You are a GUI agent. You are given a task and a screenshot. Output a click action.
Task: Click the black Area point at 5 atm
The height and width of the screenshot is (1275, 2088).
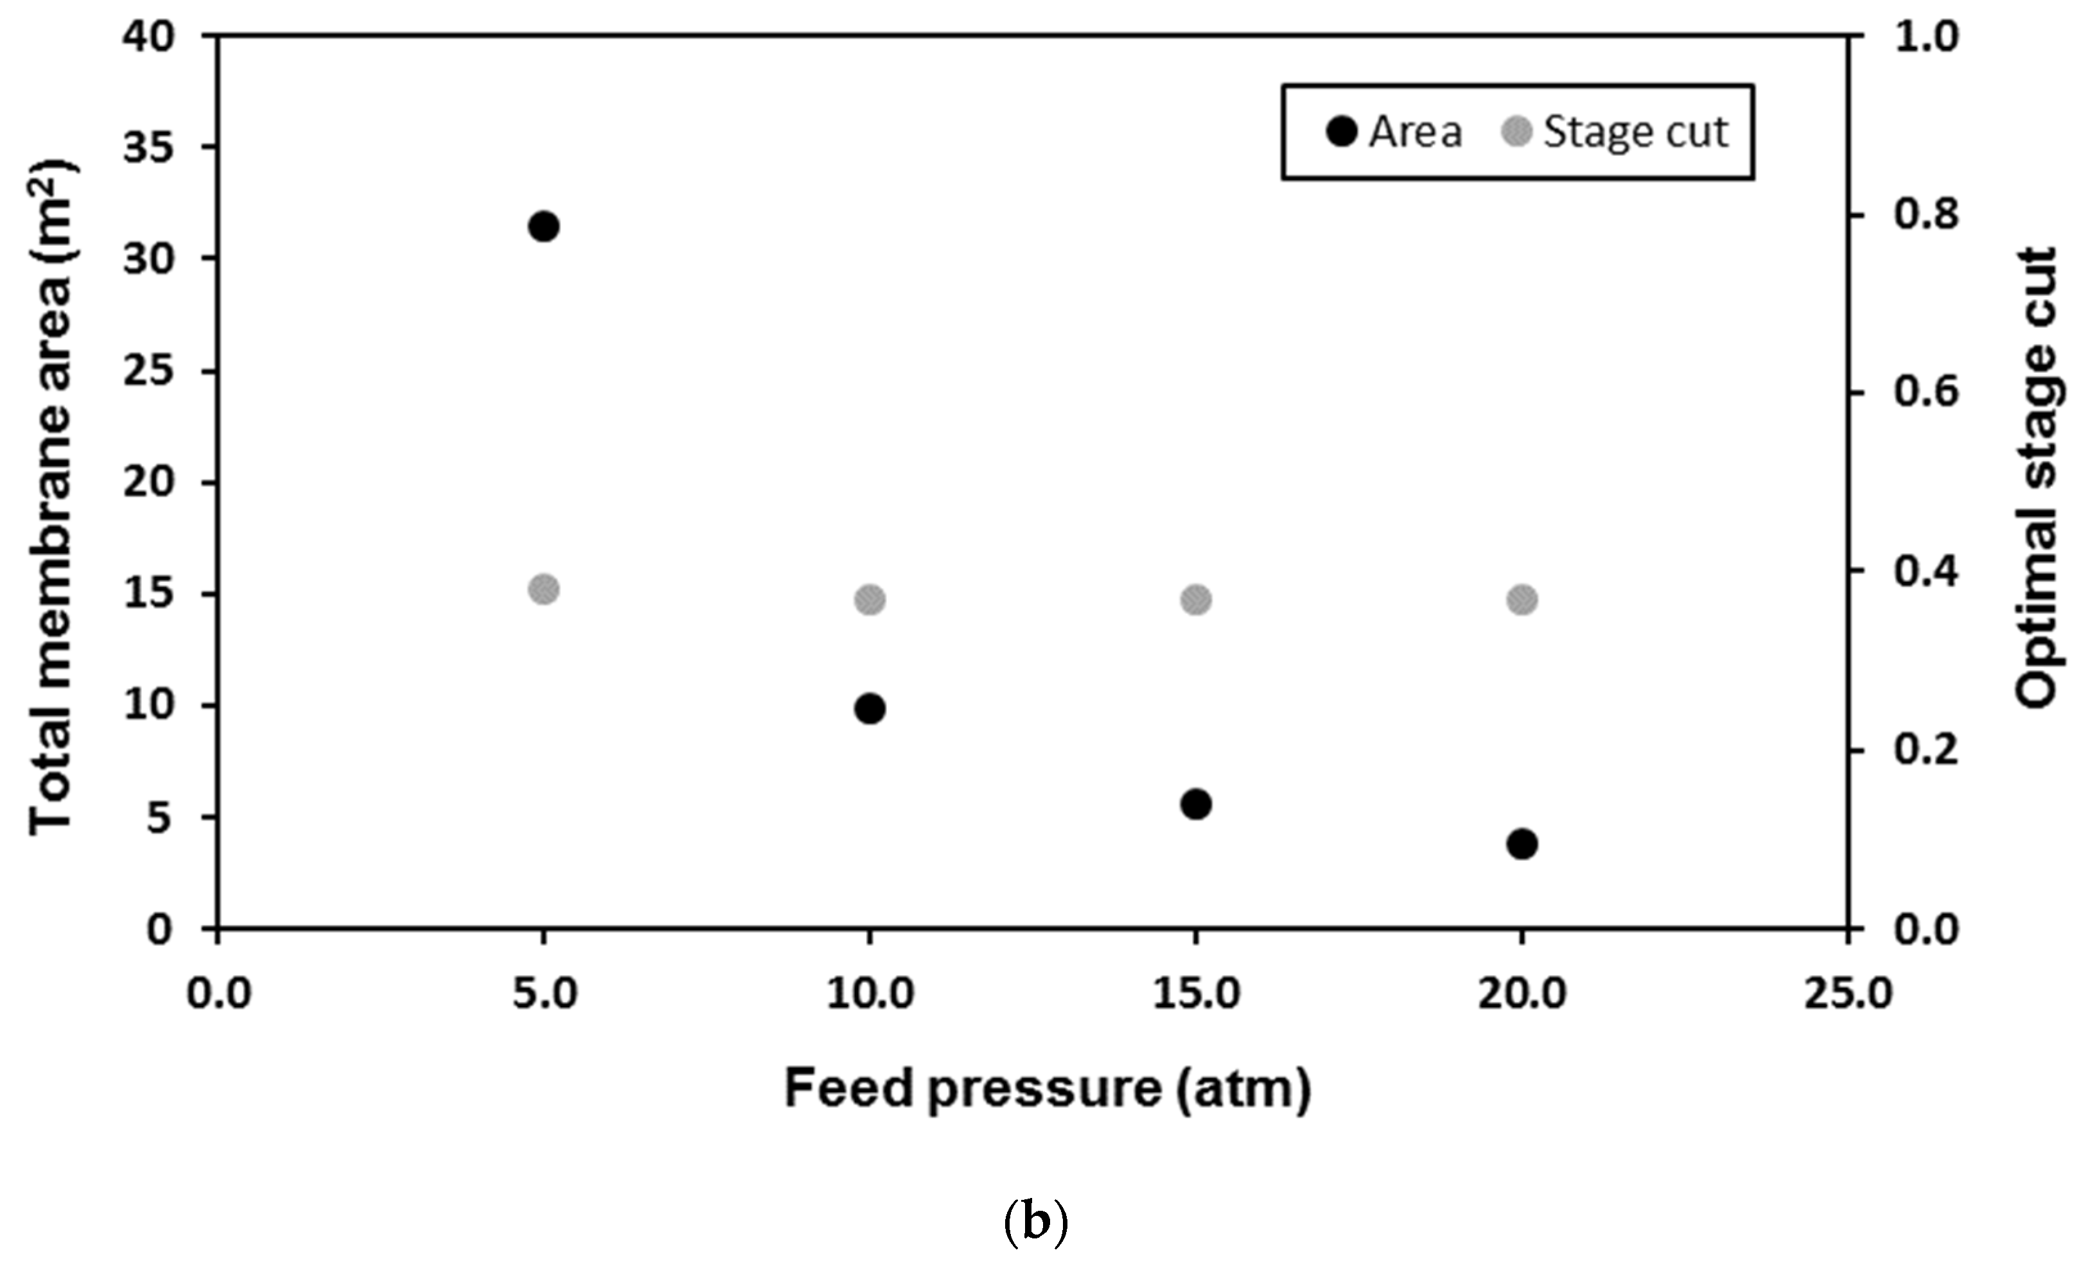(543, 227)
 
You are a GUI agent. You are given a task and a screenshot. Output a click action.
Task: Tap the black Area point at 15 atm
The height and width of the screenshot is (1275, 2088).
(1196, 804)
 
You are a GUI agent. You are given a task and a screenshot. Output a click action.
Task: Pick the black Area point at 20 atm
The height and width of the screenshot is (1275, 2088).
(1522, 844)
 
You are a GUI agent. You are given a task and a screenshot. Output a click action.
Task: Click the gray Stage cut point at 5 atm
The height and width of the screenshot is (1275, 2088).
(543, 589)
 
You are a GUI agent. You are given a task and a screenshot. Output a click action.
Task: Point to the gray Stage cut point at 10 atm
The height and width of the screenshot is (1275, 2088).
(870, 600)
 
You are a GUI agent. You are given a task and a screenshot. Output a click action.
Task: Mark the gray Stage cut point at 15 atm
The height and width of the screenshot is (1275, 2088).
(1196, 600)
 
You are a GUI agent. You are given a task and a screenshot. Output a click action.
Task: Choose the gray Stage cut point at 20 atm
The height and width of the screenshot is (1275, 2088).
(1522, 600)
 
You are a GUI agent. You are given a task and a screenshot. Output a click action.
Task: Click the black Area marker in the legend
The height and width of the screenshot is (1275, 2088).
(1342, 132)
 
